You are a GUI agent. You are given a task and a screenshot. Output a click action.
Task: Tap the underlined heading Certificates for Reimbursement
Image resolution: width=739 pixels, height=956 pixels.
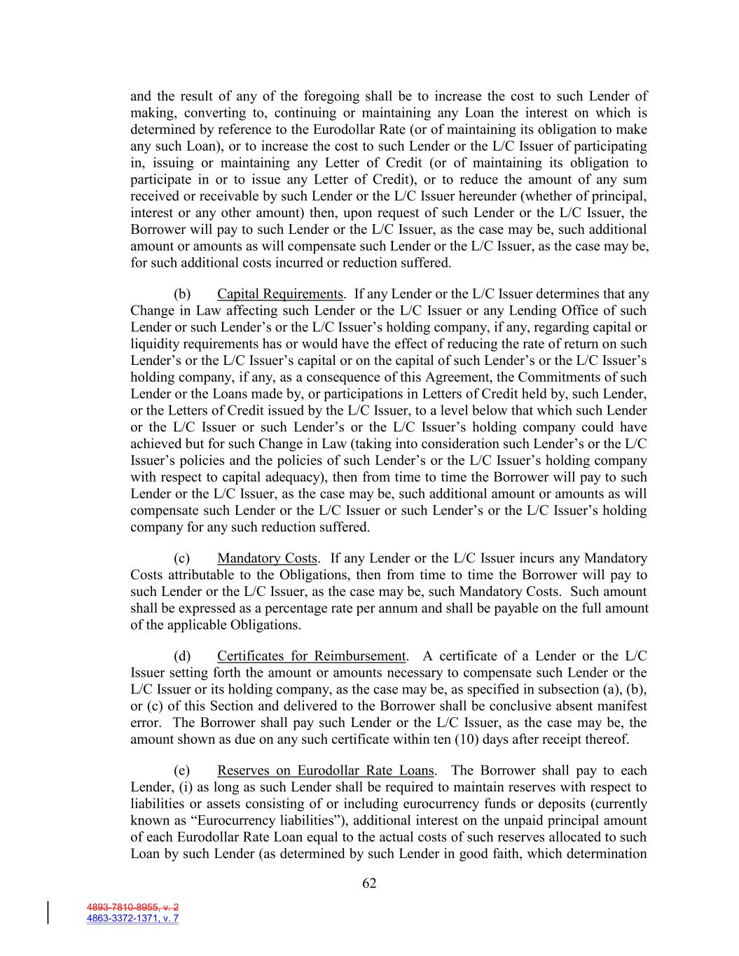coord(311,656)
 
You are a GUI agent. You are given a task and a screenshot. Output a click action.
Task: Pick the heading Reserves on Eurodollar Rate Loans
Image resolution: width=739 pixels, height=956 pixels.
coord(326,771)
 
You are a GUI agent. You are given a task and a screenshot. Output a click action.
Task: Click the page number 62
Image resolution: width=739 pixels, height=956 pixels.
coord(369,884)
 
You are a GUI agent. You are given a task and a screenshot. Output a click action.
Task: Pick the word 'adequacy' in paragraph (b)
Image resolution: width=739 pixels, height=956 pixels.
coord(291,477)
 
